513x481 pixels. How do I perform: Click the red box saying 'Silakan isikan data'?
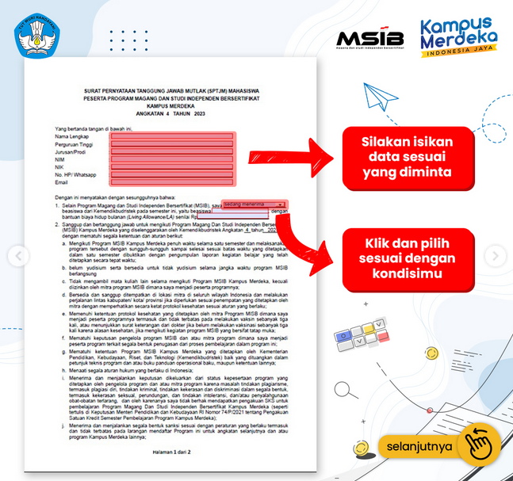coord(408,155)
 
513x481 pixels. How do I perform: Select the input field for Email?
coord(172,182)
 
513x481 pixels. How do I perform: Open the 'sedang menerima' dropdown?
coord(253,204)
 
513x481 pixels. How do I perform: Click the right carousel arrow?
coord(496,255)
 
